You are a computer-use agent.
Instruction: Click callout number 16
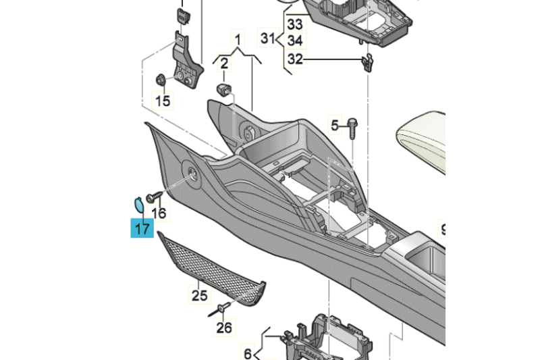coord(159,213)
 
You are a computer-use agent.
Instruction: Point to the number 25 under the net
coord(199,295)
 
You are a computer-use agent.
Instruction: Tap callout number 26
coord(224,328)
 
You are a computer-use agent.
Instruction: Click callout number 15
coord(163,101)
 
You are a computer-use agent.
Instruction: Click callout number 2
coord(224,64)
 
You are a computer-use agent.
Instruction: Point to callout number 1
coord(238,36)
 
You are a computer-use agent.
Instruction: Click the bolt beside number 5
coord(354,126)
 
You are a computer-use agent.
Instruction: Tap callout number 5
coord(334,125)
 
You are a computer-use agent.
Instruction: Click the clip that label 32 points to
coord(368,62)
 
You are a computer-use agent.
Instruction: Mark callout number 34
coord(295,41)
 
